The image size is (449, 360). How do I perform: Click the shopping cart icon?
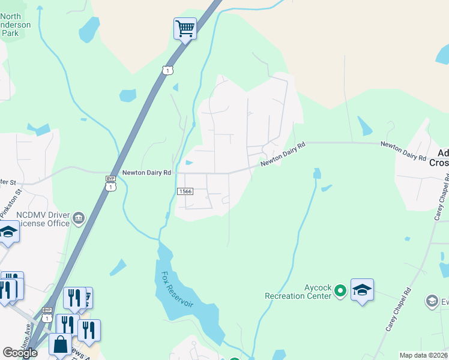pos(185,28)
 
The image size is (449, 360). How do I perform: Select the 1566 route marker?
pos(185,191)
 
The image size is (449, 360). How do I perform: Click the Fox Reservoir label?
pos(177,289)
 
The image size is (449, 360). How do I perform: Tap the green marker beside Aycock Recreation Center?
pos(340,291)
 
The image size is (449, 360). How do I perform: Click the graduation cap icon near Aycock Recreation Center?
pos(362,290)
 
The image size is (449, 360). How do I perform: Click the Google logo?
pos(20,353)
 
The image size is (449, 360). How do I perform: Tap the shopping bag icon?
pos(60,344)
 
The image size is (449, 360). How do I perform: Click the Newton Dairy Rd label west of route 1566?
pos(147,172)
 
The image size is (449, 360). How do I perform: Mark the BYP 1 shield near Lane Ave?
pos(47,314)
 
